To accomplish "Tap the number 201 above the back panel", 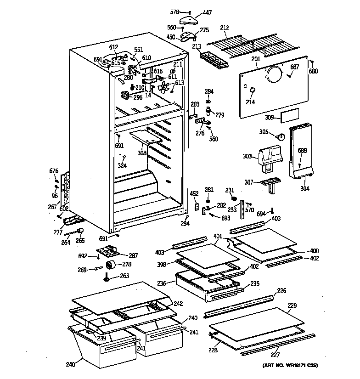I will click(256, 59).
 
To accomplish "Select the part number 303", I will click(247, 156).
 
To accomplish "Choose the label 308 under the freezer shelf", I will click(141, 153).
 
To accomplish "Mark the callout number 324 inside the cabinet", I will click(122, 165).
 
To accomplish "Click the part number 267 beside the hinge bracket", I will click(52, 206).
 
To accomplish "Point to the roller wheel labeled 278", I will click(111, 265).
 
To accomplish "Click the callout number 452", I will click(194, 193).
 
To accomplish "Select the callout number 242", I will click(178, 303).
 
